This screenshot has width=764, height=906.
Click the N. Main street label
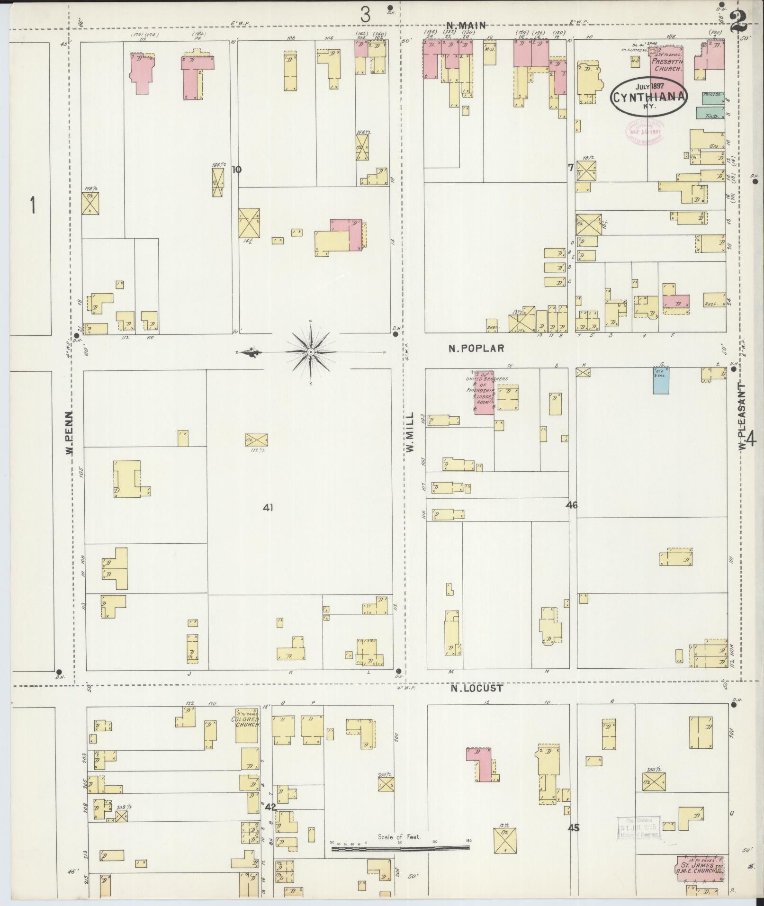coord(467,26)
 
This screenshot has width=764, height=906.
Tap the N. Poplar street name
coord(476,348)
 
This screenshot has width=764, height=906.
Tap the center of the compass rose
coord(310,352)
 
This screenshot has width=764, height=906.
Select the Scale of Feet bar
coord(400,517)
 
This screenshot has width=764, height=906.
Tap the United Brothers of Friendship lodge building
coord(484,392)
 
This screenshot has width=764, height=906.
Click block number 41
coord(268,508)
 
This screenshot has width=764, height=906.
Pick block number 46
coord(572,505)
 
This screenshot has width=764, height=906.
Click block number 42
coord(270,806)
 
